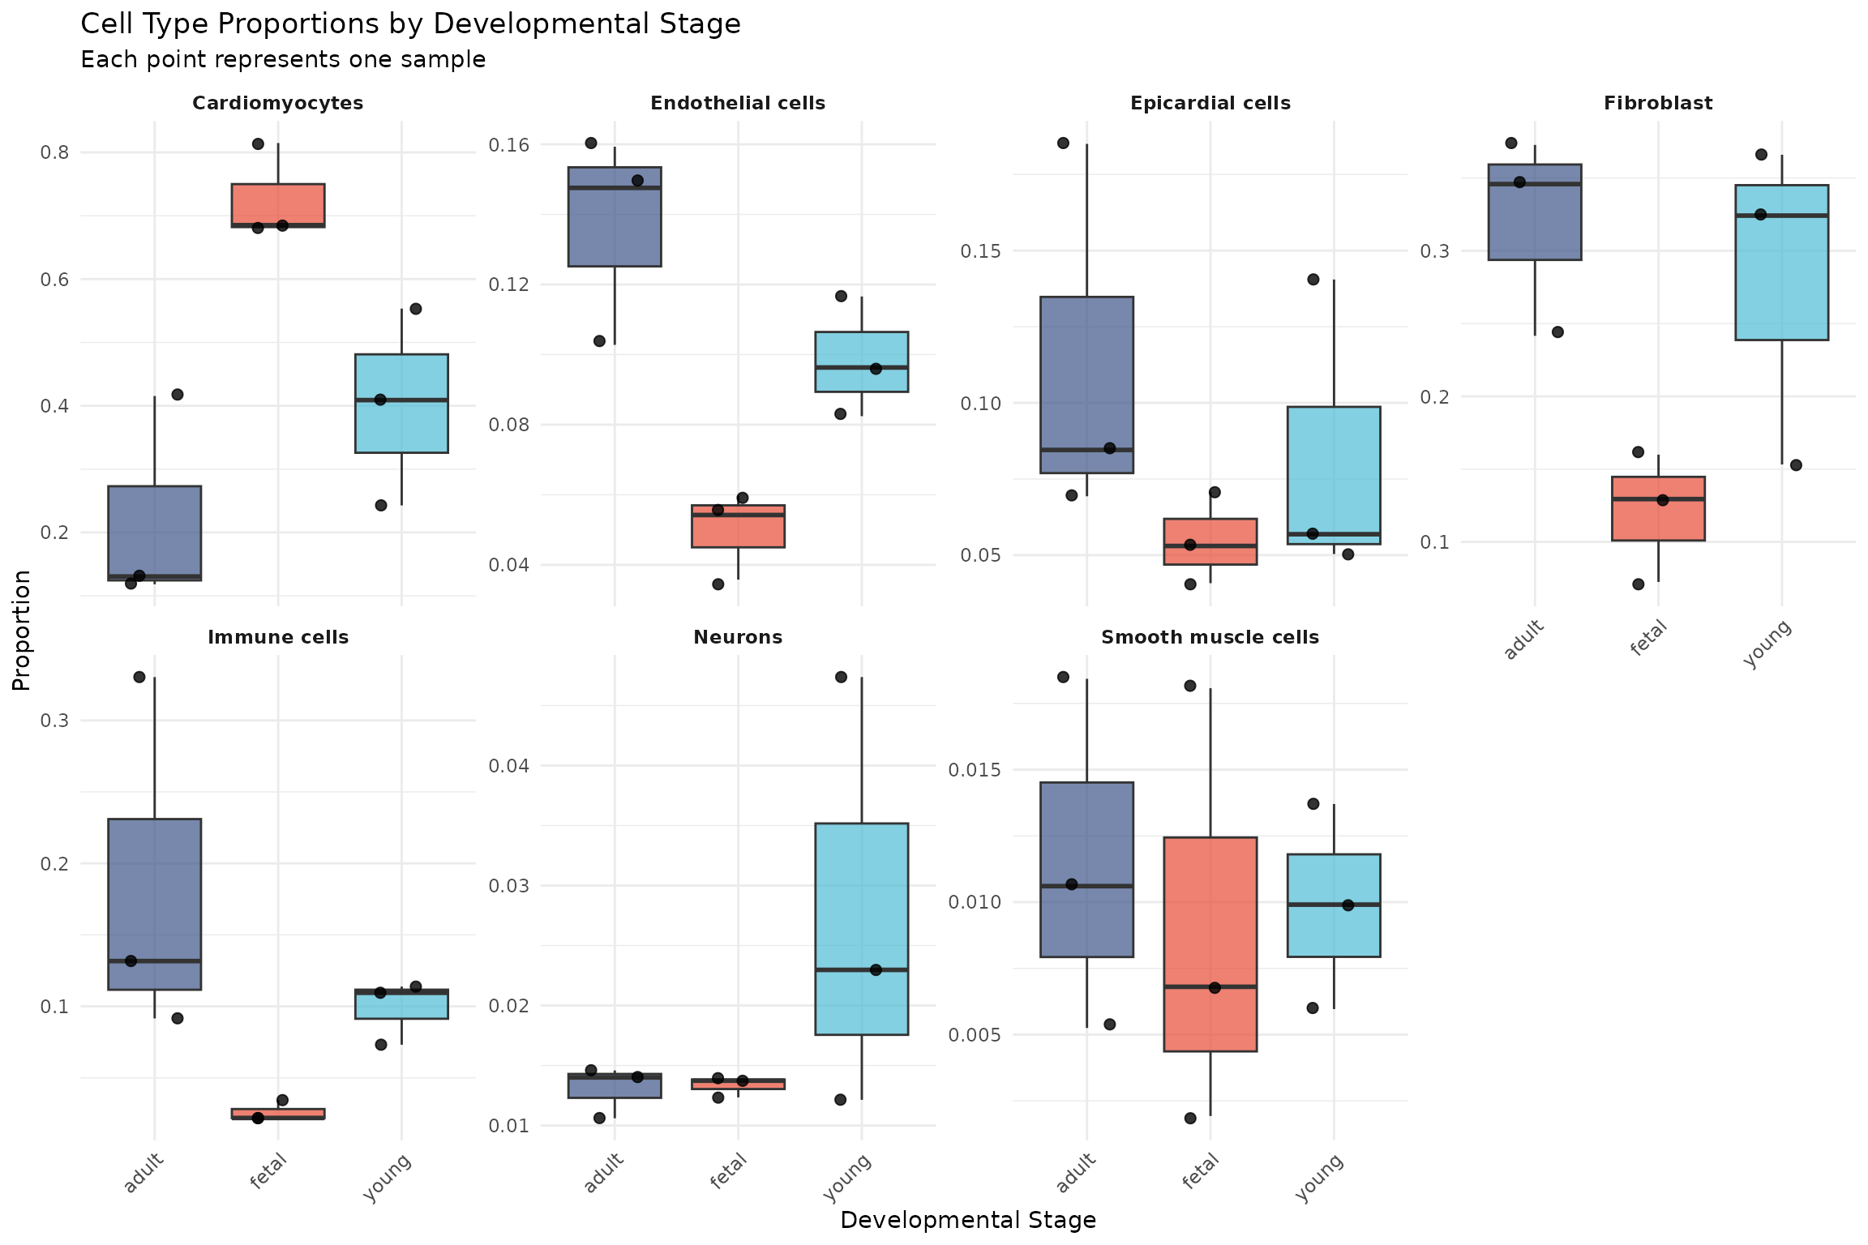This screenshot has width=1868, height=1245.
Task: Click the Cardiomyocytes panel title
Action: pos(277,104)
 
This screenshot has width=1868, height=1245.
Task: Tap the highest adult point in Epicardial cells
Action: pos(1063,143)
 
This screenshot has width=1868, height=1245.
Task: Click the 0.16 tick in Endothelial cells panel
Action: pos(508,145)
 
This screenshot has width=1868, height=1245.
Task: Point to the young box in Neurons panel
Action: pos(861,929)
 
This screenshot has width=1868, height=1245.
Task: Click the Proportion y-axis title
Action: pos(22,630)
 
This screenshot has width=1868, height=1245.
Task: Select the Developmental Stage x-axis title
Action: pos(967,1220)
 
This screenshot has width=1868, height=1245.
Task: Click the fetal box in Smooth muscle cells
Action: pos(1210,944)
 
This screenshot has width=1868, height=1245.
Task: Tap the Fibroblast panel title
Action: pos(1657,104)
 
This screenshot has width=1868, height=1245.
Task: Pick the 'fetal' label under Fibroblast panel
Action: pos(1648,637)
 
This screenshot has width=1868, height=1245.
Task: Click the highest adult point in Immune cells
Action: pos(139,677)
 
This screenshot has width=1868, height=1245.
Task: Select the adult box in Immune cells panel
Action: pos(155,904)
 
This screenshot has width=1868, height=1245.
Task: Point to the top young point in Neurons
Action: pos(841,677)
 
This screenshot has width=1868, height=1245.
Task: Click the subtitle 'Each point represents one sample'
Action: pos(283,60)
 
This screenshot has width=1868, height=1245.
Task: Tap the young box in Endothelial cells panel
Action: pos(861,362)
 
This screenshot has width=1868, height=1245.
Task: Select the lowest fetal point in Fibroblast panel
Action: pos(1638,584)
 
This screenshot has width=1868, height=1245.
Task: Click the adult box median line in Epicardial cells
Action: pos(1086,449)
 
